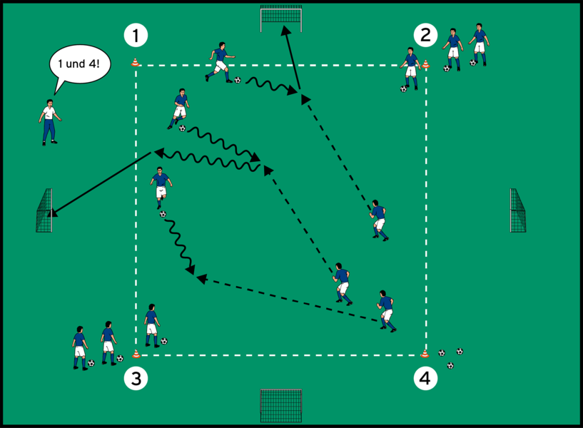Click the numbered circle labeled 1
136,35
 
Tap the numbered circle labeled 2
425,35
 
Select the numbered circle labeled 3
136,379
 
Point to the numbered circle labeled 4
425,379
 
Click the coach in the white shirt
49,122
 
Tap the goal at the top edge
280,19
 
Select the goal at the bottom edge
280,406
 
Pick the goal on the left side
44,210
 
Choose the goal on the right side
518,210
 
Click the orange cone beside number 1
136,63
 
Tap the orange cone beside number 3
136,354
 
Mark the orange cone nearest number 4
425,354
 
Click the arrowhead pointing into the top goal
285,30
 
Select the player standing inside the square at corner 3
153,326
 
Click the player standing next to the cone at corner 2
410,68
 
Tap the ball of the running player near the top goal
238,80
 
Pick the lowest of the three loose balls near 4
450,365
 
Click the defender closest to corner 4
386,311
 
